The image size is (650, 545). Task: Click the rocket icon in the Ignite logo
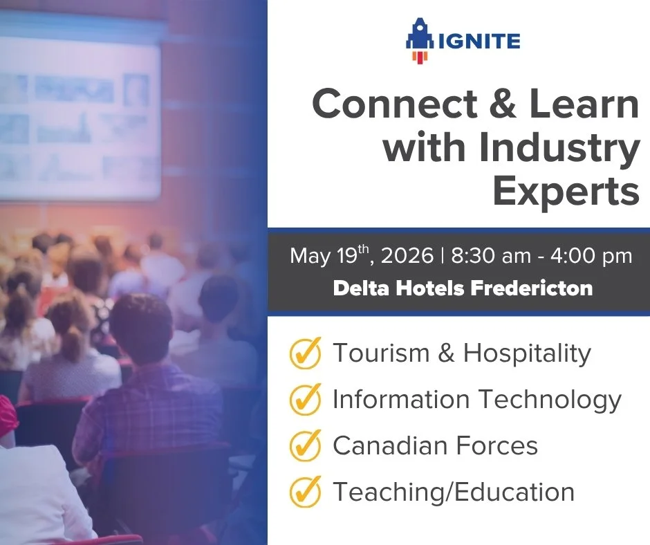click(418, 41)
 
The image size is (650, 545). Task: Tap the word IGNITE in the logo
click(475, 41)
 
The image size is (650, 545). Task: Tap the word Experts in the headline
click(566, 192)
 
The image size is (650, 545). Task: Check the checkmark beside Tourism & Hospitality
click(305, 354)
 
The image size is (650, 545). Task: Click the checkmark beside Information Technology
click(305, 400)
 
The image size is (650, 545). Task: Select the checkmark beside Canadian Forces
click(305, 446)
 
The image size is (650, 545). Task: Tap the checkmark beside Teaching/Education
click(305, 492)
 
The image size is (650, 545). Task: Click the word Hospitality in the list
click(527, 353)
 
